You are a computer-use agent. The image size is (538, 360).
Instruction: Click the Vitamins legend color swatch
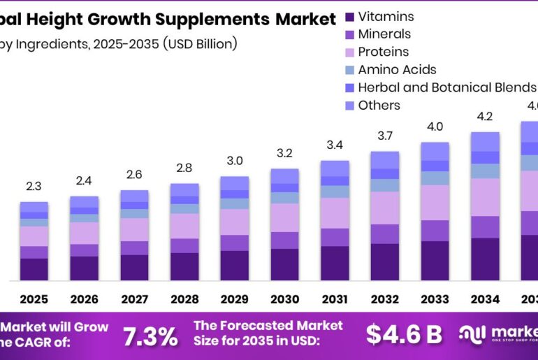click(349, 16)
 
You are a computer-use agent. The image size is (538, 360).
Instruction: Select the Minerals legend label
click(384, 34)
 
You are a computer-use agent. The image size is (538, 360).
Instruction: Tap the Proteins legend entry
click(383, 52)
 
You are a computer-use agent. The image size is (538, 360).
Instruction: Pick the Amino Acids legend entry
click(397, 69)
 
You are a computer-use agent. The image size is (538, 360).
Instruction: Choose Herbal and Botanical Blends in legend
click(446, 87)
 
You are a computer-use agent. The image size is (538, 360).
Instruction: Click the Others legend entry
click(379, 106)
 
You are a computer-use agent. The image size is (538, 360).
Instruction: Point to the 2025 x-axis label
click(34, 299)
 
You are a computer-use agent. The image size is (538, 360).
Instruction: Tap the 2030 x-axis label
click(284, 299)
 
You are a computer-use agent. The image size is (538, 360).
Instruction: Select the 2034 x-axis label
click(485, 299)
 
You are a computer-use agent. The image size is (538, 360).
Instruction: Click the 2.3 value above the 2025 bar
click(34, 186)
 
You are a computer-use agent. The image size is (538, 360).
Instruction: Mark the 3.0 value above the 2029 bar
click(234, 161)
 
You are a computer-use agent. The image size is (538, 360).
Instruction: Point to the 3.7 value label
click(385, 135)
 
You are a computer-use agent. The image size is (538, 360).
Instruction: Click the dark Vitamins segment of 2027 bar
click(134, 267)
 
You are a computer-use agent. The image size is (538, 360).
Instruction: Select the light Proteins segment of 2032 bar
click(385, 208)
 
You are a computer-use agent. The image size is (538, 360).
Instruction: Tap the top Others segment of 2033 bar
click(435, 151)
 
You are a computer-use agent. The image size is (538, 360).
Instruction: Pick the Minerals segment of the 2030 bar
click(284, 240)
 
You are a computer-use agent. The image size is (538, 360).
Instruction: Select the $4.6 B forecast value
click(404, 335)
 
